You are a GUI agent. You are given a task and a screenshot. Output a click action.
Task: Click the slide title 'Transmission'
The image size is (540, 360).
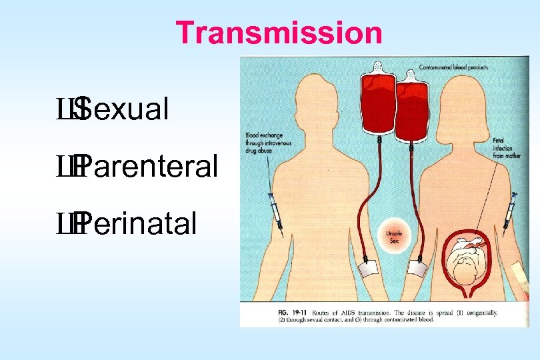point(279,33)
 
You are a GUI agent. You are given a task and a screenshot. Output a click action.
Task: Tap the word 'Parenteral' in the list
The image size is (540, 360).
point(151,167)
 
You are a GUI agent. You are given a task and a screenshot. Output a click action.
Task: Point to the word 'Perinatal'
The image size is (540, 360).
point(140,224)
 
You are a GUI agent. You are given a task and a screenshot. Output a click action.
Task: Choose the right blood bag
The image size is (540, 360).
point(414,110)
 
